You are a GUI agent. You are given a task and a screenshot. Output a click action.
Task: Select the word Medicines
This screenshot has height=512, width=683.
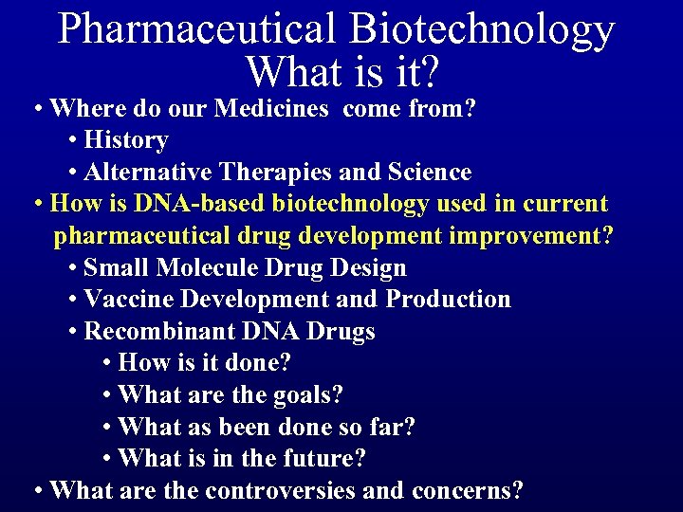271,108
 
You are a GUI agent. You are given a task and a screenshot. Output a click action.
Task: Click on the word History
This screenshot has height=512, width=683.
126,140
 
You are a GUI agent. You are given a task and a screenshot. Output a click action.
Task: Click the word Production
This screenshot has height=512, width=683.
448,300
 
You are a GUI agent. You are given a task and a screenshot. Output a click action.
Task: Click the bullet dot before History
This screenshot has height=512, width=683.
74,141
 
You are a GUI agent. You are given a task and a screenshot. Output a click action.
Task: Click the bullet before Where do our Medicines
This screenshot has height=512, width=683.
37,109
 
